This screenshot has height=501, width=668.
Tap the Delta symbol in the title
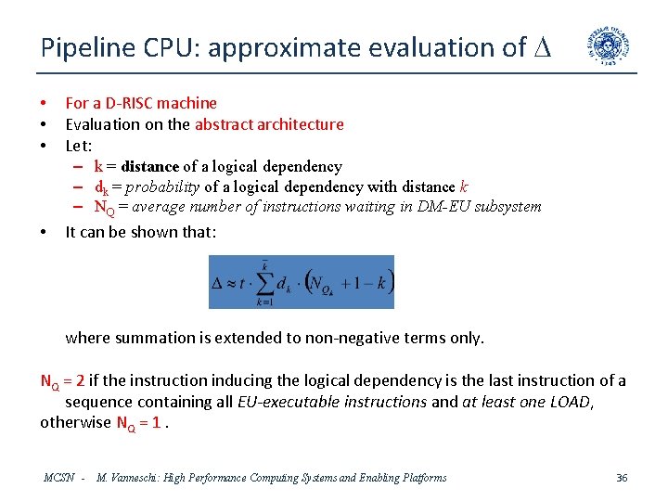(541, 47)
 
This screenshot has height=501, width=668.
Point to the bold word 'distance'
(149, 167)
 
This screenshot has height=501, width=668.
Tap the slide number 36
(622, 478)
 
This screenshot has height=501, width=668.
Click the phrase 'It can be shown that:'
(140, 232)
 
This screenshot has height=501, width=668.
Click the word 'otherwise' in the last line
(75, 424)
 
